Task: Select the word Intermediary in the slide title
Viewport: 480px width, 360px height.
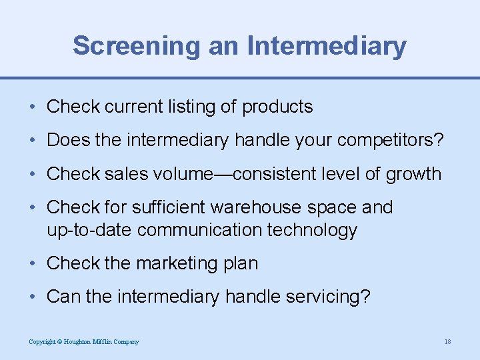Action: pyautogui.click(x=327, y=46)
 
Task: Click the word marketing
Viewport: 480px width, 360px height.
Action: pyautogui.click(x=159, y=263)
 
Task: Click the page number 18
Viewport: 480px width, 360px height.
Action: pyautogui.click(x=447, y=342)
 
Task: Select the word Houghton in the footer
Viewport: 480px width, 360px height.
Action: pyautogui.click(x=78, y=342)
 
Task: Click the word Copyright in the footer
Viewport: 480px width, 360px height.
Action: pyautogui.click(x=41, y=342)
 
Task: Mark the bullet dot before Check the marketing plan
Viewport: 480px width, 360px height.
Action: pyautogui.click(x=32, y=264)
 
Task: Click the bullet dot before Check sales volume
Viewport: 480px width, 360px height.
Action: pyautogui.click(x=32, y=175)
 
